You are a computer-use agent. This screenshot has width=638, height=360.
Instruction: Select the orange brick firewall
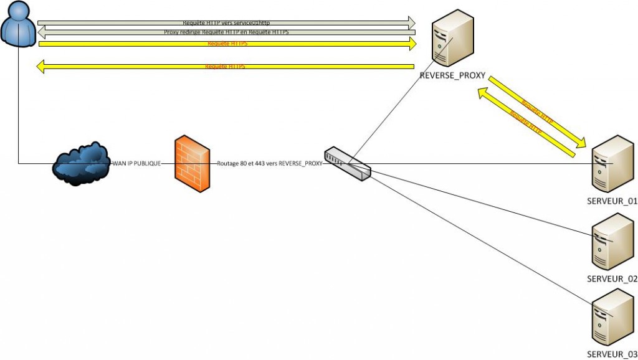191,163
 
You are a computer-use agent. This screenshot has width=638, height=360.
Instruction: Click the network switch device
347,163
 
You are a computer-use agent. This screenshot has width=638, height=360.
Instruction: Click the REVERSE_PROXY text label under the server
452,76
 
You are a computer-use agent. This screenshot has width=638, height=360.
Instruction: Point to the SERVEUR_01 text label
612,201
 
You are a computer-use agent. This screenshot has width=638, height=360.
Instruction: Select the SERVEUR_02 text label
612,278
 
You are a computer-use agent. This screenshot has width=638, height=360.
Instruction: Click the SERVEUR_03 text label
612,354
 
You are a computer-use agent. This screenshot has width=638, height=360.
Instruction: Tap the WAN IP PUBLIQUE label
136,164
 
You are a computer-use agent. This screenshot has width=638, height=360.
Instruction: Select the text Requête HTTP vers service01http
226,22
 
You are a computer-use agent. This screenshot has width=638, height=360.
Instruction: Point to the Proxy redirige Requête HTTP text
226,32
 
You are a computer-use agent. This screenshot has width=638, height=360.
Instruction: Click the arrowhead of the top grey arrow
411,22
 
